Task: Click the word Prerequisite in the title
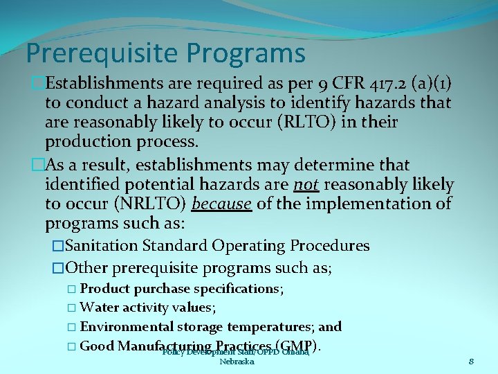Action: point(98,53)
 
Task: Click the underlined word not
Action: point(305,185)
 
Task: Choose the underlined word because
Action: point(221,204)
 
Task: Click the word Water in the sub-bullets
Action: point(99,308)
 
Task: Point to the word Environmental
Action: point(131,326)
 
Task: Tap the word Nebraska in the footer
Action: point(237,362)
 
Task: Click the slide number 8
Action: point(471,361)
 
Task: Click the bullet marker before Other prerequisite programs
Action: point(58,267)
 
